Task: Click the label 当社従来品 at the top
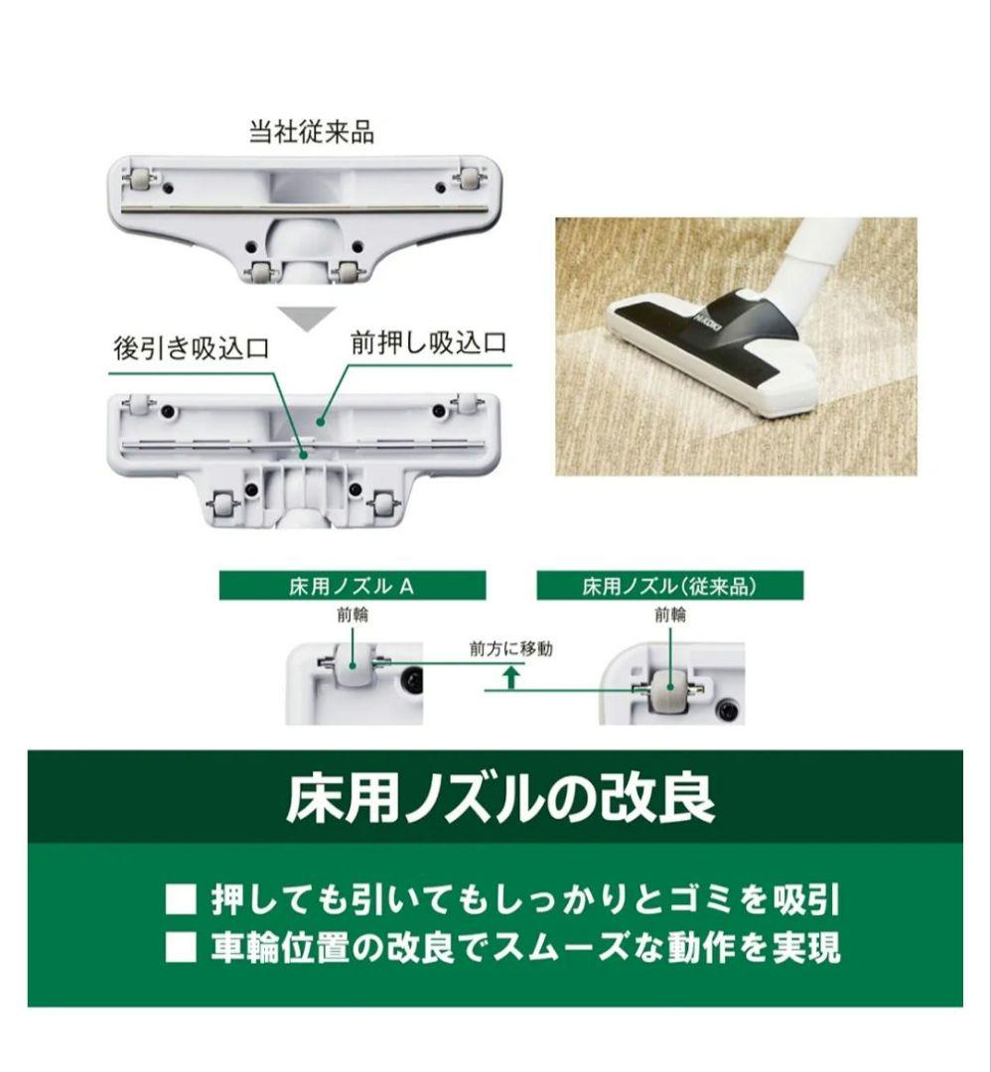coord(311,132)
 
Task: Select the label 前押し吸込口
coord(428,344)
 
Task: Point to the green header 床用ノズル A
coord(352,586)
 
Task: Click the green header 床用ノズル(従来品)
coord(669,586)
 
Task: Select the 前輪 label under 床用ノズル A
coord(352,614)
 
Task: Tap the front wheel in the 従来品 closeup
coord(669,688)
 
